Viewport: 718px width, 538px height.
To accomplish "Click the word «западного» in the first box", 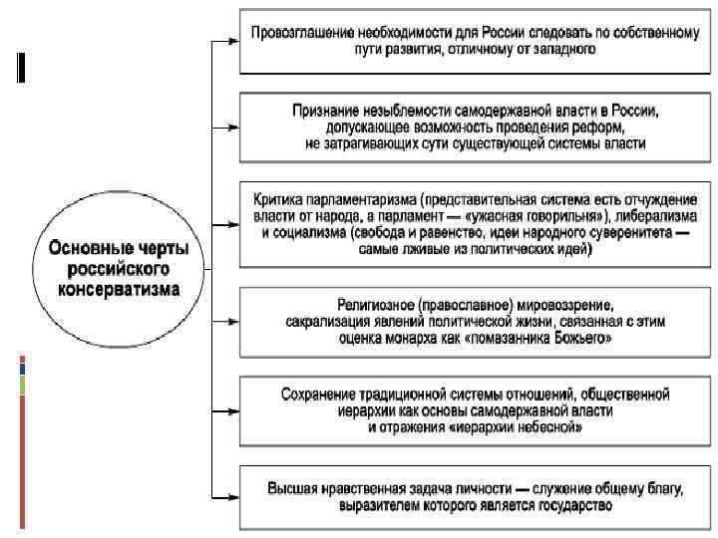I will tap(565, 51).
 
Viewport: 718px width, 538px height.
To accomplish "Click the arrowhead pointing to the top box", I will tap(232, 43).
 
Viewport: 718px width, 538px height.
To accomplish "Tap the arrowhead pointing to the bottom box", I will tap(232, 495).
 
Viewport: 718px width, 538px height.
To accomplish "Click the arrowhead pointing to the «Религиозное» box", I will tap(232, 322).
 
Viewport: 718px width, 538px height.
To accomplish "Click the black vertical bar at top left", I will tap(21, 66).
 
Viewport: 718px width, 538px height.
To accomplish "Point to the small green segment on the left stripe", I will tap(21, 385).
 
